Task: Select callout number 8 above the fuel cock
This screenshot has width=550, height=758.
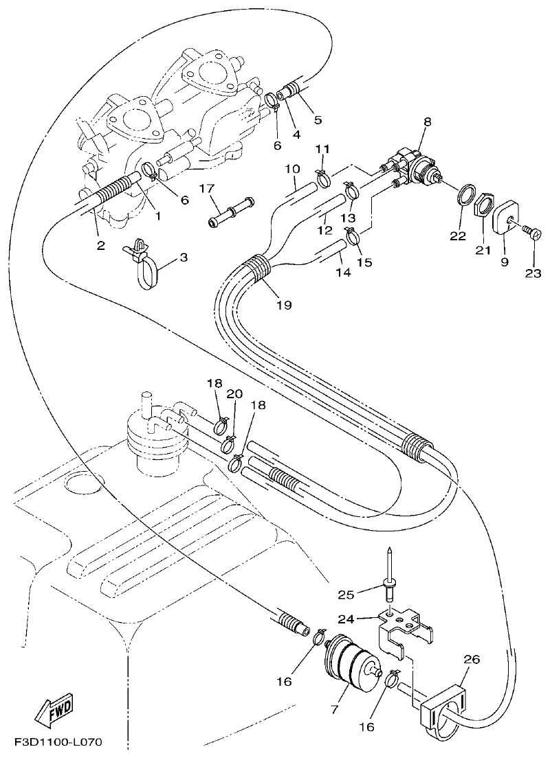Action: coord(427,122)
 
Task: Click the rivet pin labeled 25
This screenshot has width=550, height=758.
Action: coord(389,576)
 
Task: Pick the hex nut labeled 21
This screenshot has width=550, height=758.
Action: coord(484,205)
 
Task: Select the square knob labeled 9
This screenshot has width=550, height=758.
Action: coord(508,218)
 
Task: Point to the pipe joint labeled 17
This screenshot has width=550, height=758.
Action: coord(230,213)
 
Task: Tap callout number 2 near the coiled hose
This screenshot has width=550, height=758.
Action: coord(100,245)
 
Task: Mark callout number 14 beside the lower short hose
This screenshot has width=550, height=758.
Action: coord(342,273)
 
